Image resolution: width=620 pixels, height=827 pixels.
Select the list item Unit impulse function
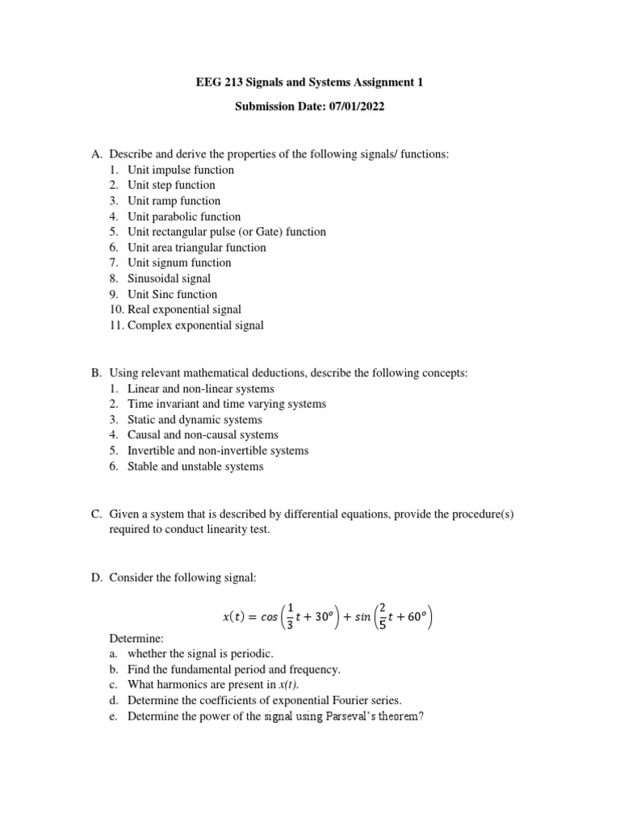181,170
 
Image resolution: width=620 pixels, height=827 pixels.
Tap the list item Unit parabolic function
184,216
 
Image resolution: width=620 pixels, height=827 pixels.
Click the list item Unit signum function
179,262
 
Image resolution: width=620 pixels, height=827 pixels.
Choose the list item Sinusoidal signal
169,279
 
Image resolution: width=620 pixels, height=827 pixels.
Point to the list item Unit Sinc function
172,294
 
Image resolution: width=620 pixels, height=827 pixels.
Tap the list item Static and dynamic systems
195,420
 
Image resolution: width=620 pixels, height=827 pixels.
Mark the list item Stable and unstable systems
195,466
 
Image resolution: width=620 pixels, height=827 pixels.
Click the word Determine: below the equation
136,638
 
